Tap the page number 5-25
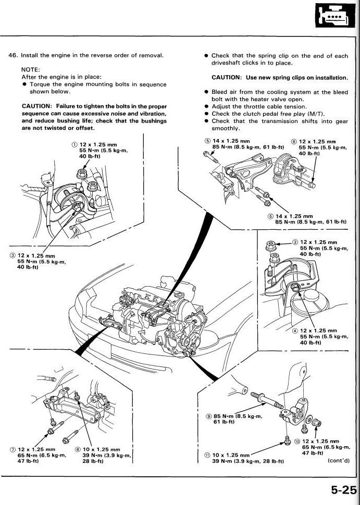click(344, 490)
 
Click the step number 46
click(13, 55)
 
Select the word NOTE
click(30, 69)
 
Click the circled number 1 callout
click(75, 144)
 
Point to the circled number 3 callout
click(13, 255)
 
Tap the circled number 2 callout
click(295, 242)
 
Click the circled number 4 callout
click(295, 331)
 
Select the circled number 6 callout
click(294, 142)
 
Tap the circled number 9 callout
click(209, 416)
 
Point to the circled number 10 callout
click(297, 441)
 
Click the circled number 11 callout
click(207, 455)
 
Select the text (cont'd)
click(339, 460)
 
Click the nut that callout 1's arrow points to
click(82, 174)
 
